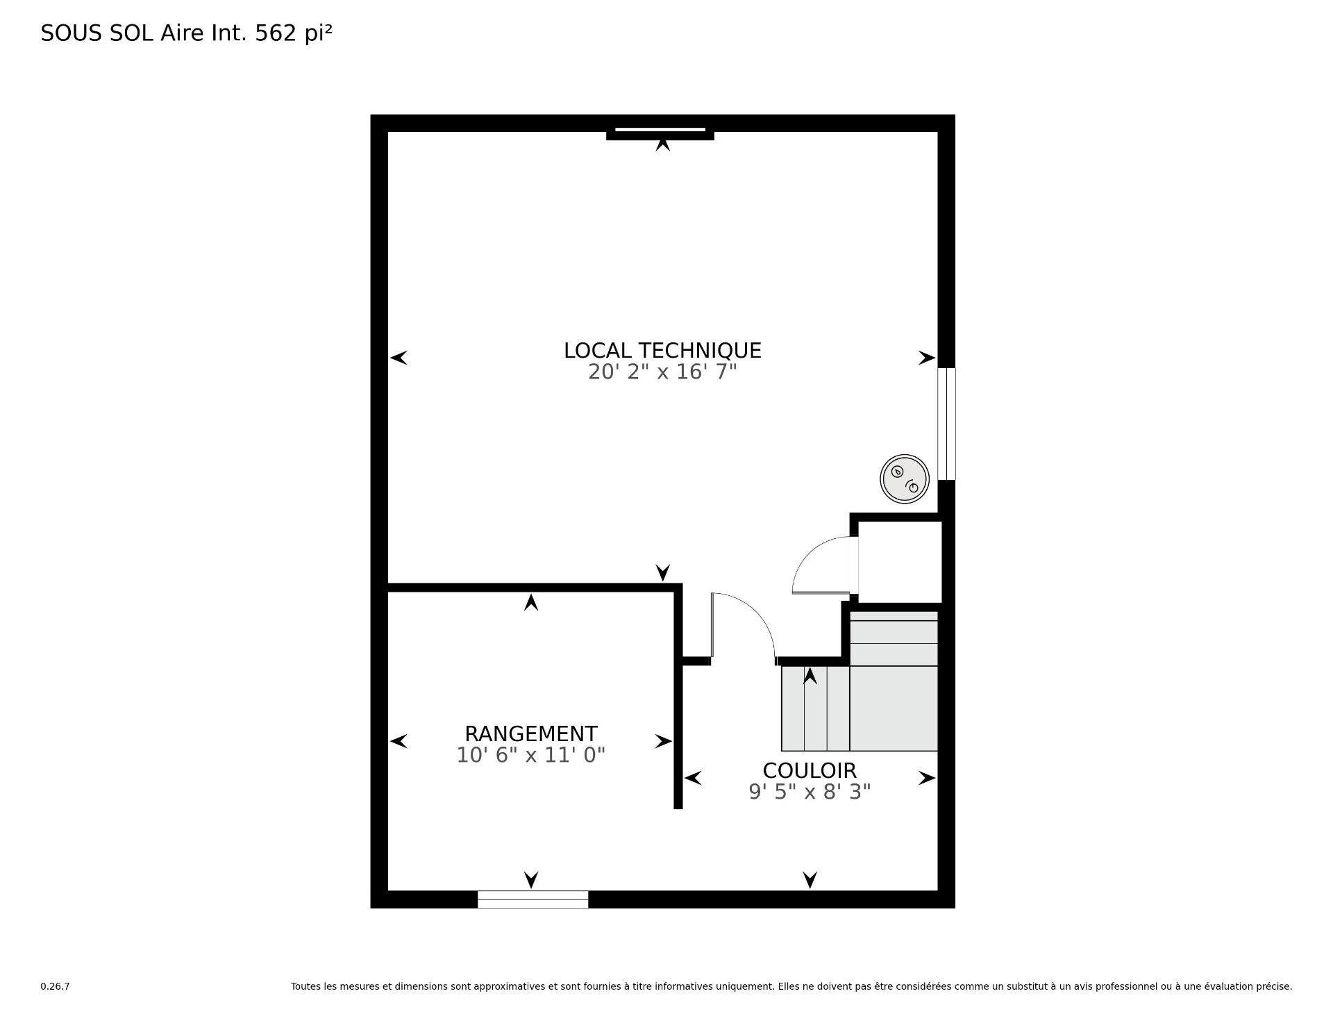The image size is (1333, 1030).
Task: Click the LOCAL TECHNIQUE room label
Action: [662, 350]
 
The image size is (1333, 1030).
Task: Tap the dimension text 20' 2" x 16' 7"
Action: [662, 372]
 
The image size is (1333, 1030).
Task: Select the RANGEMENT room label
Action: [530, 733]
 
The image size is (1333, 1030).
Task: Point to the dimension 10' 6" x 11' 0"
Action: [530, 755]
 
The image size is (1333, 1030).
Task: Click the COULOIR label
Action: [810, 770]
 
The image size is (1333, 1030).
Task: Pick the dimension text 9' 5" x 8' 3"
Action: [810, 792]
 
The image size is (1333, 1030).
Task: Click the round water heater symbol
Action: [905, 479]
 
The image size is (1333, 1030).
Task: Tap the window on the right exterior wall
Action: [946, 424]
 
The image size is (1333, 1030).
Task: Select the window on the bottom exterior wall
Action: [533, 899]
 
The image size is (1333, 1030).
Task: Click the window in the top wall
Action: [660, 130]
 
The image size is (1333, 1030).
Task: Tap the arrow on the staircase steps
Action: [810, 675]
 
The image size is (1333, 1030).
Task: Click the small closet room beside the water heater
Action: [900, 562]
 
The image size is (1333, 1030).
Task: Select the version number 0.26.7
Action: [55, 986]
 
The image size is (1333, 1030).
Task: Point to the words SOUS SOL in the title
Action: [98, 33]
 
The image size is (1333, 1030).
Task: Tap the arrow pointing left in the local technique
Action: [399, 358]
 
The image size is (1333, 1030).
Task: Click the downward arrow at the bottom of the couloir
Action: [810, 880]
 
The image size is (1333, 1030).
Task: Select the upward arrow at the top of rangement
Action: [531, 602]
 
